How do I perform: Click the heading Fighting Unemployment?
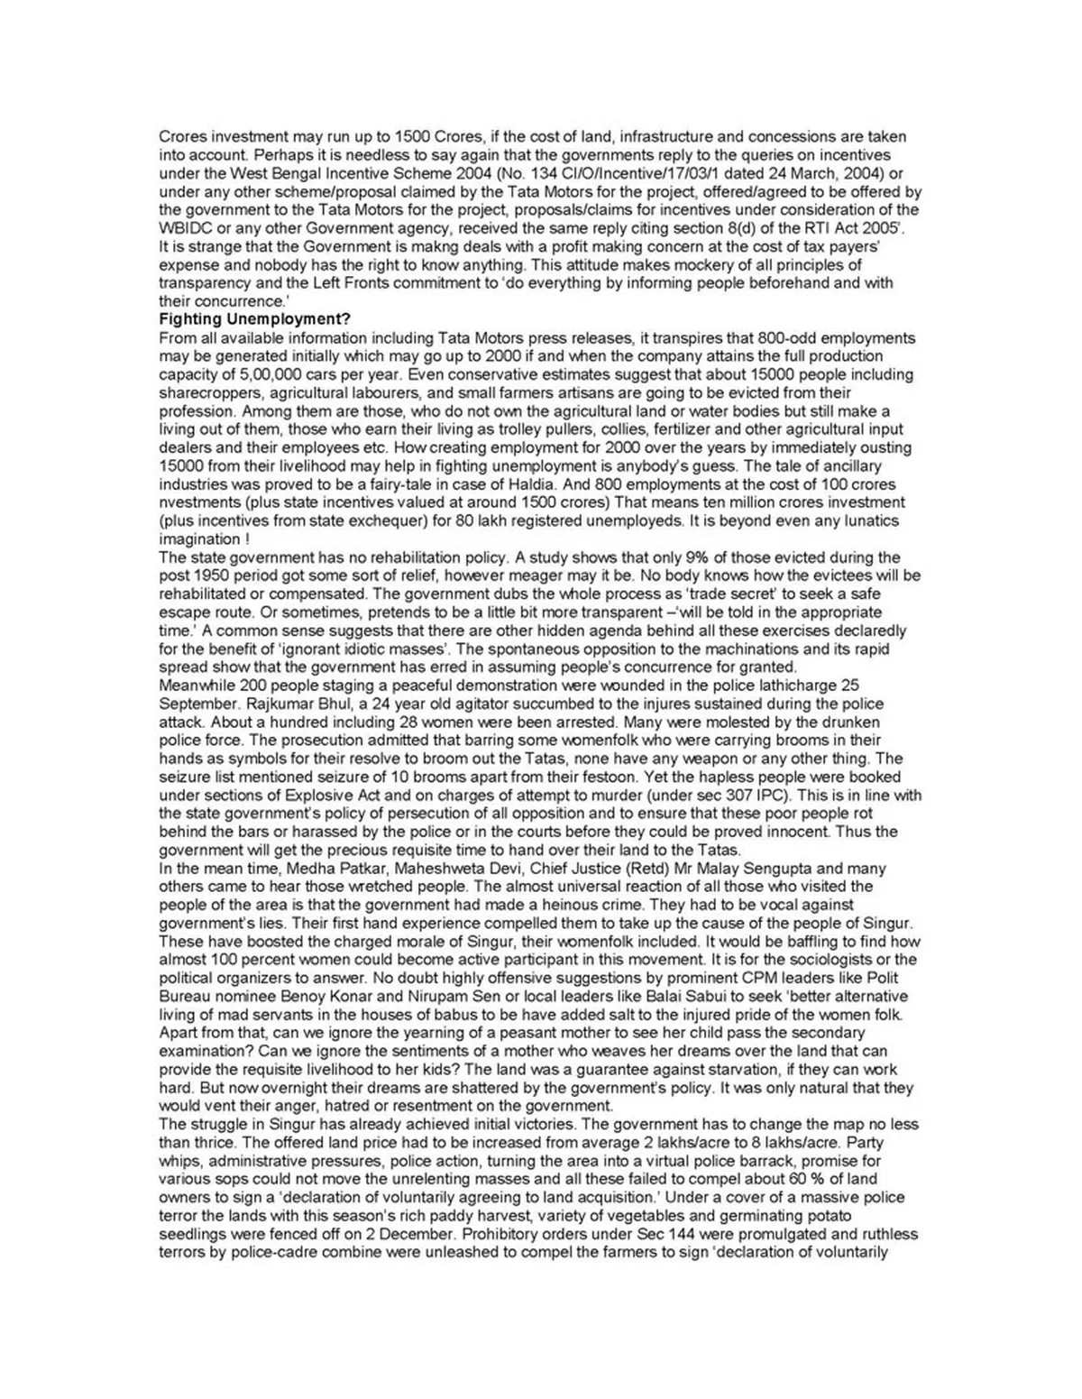click(x=255, y=319)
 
